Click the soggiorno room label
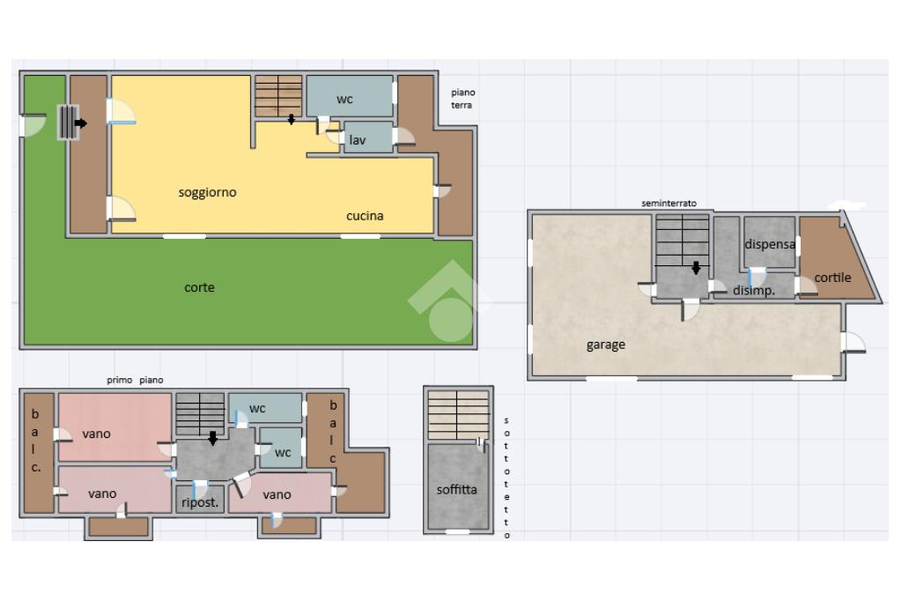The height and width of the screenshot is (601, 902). tap(207, 193)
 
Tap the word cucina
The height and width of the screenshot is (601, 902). tap(365, 216)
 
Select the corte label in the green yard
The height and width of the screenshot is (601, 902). tap(199, 287)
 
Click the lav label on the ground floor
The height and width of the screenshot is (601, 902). tap(358, 140)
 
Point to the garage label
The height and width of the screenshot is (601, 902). tap(606, 345)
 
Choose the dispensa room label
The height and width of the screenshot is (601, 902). tap(770, 245)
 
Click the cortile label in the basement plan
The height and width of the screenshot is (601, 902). tap(832, 278)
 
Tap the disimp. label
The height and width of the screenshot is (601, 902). tap(754, 291)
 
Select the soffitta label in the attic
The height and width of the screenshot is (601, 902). tap(457, 490)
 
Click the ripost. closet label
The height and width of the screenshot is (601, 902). tap(200, 502)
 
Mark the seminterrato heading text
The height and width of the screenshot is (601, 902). tap(669, 204)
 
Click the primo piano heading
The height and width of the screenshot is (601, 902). tap(135, 380)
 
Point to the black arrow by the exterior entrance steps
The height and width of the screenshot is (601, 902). tap(80, 122)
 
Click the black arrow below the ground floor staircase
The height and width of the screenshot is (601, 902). tap(291, 119)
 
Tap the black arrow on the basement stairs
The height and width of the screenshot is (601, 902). tap(696, 268)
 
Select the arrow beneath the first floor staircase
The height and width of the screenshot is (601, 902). tap(213, 439)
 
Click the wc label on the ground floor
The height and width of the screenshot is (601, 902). tap(344, 100)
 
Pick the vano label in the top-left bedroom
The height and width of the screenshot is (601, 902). tap(96, 434)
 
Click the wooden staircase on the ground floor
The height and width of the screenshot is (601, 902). tap(278, 95)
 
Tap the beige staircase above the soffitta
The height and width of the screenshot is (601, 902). tap(458, 415)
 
